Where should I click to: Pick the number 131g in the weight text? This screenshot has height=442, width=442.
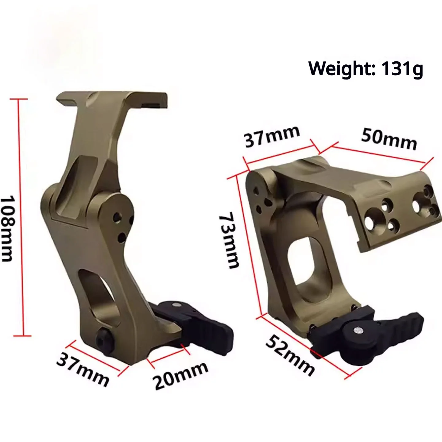click(x=402, y=68)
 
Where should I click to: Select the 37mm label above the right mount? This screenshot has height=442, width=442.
click(x=272, y=137)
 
